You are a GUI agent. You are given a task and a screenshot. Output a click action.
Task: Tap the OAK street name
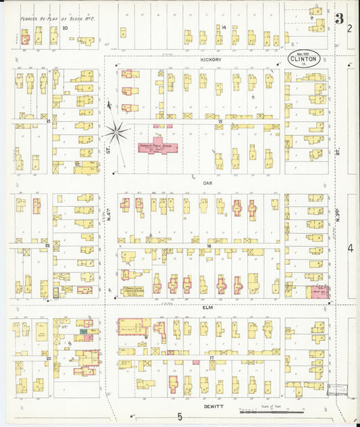[208, 182]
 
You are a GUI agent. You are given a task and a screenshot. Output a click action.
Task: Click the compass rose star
[117, 130]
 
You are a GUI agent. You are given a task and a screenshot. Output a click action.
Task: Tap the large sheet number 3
[338, 18]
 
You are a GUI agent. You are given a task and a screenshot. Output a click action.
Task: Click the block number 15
[220, 121]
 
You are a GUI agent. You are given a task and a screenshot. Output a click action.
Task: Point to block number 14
[223, 27]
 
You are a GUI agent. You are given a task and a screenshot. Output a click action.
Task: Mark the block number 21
[49, 121]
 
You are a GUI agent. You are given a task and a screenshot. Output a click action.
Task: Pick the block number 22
[47, 245]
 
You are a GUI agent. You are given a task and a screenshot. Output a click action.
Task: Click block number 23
[48, 358]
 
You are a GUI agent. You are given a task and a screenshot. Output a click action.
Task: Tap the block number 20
[65, 28]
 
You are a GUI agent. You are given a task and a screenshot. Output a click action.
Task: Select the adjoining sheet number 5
[180, 417]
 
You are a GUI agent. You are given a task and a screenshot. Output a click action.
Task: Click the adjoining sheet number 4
[350, 249]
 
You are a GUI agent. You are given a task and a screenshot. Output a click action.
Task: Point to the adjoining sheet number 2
[350, 28]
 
